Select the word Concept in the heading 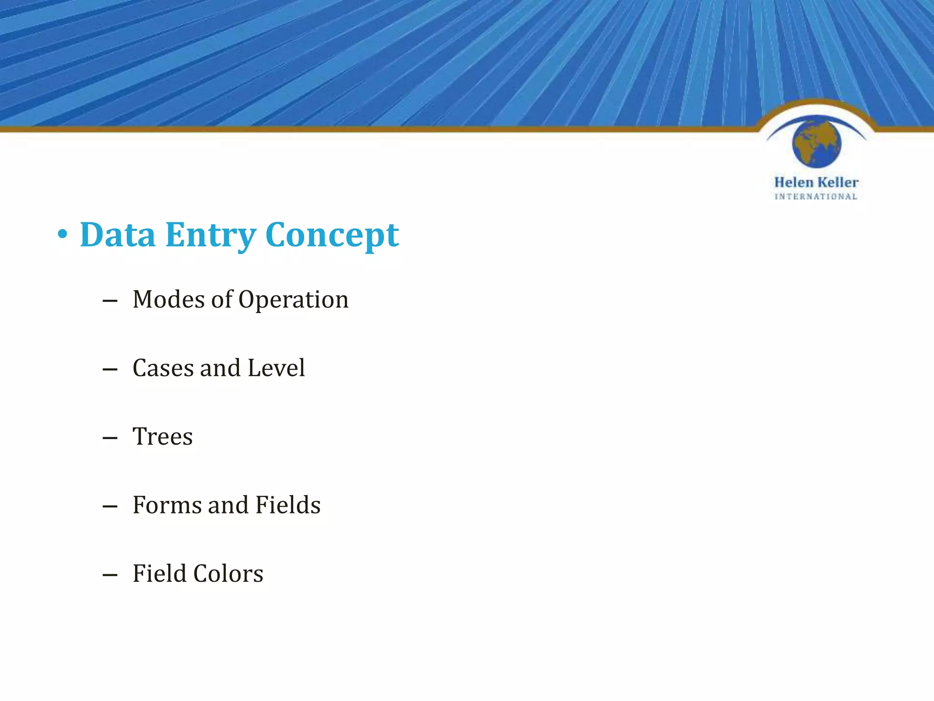click(332, 235)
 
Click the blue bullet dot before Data click(62, 235)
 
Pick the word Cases click(163, 368)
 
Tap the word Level click(276, 368)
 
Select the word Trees click(162, 436)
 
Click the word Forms click(167, 505)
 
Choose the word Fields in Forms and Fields click(288, 505)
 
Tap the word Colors click(228, 574)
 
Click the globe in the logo click(816, 142)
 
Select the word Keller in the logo click(837, 183)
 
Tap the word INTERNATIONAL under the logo click(816, 197)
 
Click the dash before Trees click(110, 438)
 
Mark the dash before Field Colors click(110, 575)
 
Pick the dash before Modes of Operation click(110, 301)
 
